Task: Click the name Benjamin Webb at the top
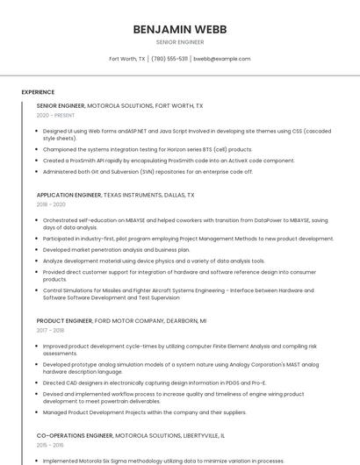coord(180,29)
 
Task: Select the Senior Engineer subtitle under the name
coord(180,42)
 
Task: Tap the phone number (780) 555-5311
coord(169,59)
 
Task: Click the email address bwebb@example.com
coord(222,59)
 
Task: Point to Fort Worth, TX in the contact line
coord(127,59)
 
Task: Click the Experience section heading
coord(38,92)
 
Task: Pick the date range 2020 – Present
coord(55,115)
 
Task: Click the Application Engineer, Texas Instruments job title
coord(115,196)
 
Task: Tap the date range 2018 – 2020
coord(51,204)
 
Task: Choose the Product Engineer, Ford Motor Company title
coord(121,321)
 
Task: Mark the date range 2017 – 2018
coord(50,331)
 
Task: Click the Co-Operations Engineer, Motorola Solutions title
coord(130,435)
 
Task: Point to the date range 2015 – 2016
coord(50,445)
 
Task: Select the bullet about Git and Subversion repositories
coord(148,172)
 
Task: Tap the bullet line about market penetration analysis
coord(116,249)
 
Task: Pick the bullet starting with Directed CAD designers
coord(154,383)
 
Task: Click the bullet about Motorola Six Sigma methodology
coord(163,461)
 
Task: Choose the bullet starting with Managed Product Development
coord(144,412)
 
